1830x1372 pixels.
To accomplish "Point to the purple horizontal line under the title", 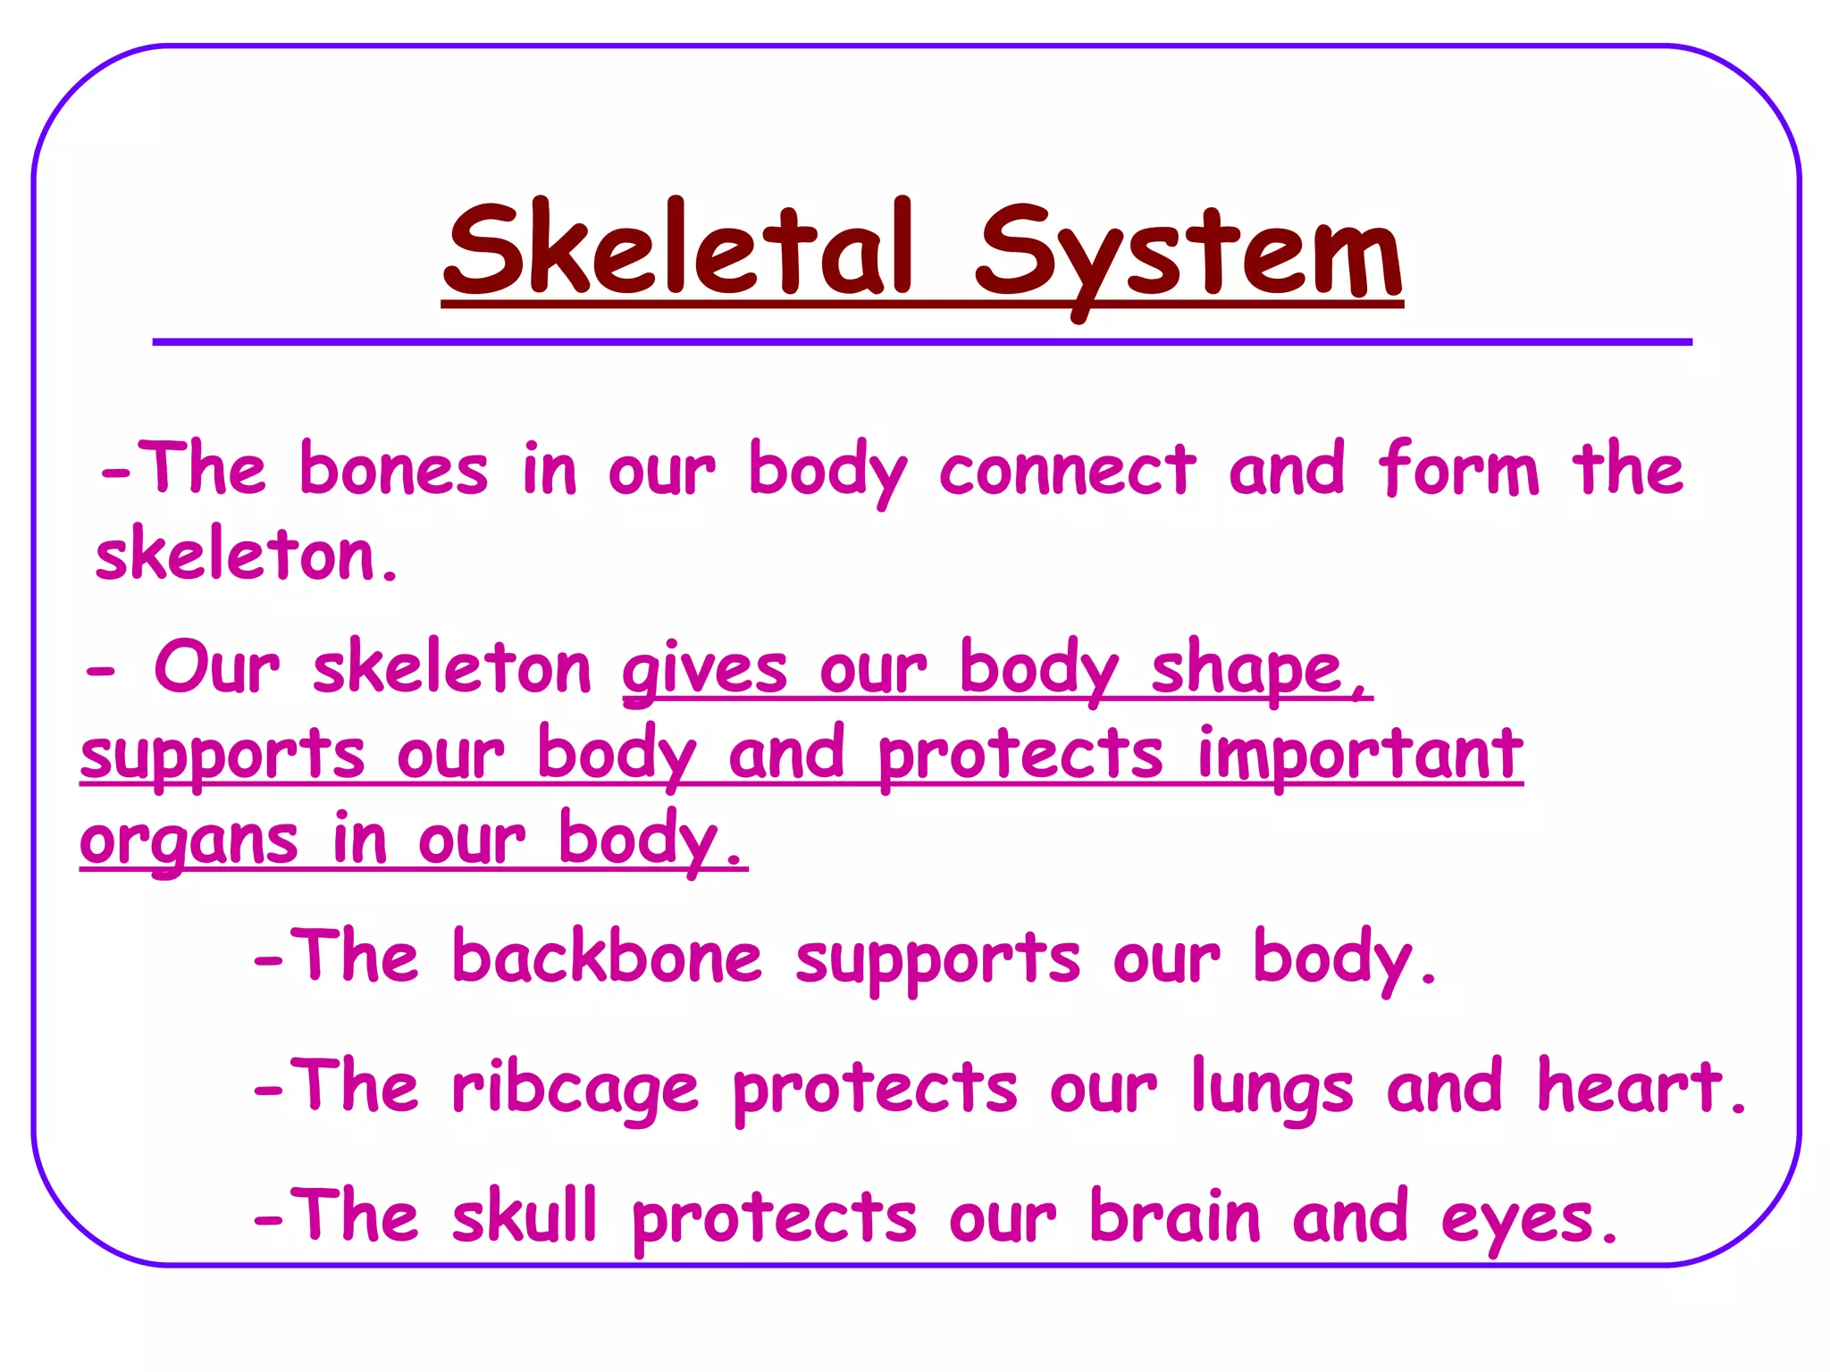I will [922, 342].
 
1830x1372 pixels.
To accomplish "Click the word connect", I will [1067, 471].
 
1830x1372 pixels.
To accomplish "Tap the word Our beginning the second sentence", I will [217, 667].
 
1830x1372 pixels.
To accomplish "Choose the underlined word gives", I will [705, 671].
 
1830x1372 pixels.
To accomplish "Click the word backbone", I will [607, 957].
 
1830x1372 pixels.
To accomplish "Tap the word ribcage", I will [575, 1089].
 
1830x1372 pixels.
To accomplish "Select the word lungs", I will [1272, 1089].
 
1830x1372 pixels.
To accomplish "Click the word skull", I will [524, 1216].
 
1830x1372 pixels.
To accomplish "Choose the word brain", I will [1175, 1217].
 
